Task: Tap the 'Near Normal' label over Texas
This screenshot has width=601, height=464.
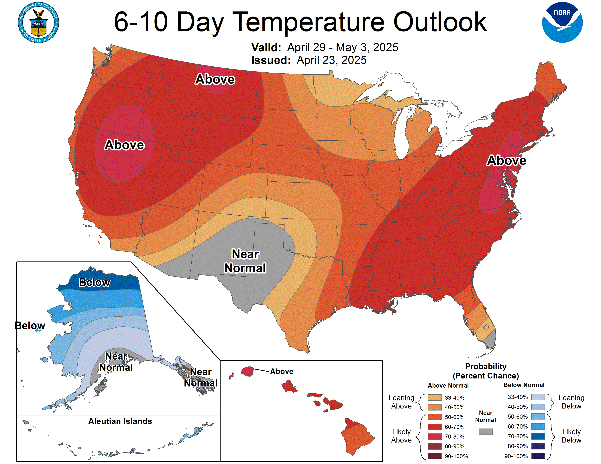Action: coord(245,261)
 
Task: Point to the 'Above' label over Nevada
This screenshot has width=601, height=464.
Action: coord(124,145)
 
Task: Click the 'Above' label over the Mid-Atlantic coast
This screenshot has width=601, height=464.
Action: coord(506,160)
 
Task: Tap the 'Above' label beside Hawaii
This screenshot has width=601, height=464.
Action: coord(282,371)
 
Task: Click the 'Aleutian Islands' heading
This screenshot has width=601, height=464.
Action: coord(120,421)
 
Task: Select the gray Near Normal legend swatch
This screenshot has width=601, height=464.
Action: coord(485,432)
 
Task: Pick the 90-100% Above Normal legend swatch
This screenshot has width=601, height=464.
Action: coord(435,456)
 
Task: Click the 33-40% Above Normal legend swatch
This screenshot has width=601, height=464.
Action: coord(435,397)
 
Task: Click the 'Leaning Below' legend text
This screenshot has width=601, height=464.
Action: coord(571,402)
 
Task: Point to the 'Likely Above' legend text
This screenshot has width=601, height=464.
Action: coord(401,436)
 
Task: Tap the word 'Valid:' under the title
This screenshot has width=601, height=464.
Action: coord(266,47)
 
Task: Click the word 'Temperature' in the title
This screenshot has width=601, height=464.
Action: coord(310,22)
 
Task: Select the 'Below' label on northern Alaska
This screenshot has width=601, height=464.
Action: coord(94,282)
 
